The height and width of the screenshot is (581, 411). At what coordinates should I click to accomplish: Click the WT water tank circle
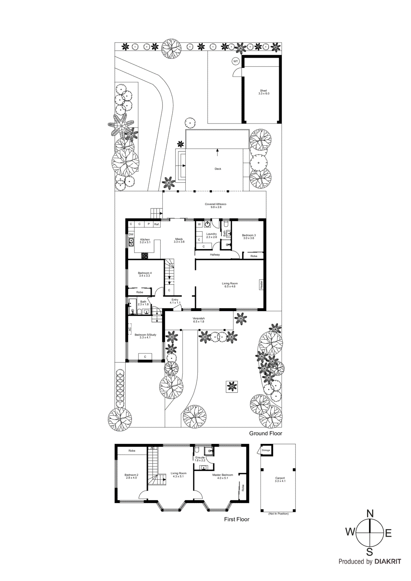(235, 61)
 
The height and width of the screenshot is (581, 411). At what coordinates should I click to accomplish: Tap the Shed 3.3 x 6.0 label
(263, 92)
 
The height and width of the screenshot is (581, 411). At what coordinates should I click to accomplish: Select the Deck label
(218, 169)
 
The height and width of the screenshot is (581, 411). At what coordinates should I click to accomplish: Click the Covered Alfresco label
(215, 206)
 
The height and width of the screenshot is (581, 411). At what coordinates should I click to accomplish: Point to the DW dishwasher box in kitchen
(131, 235)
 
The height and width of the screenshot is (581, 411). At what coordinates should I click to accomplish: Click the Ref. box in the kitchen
(157, 224)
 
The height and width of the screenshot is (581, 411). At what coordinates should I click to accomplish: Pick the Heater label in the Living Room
(261, 284)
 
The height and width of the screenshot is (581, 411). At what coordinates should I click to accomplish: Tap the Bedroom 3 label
(249, 237)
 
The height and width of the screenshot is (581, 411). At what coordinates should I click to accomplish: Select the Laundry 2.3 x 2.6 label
(211, 235)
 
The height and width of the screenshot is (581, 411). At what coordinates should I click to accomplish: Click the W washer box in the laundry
(199, 224)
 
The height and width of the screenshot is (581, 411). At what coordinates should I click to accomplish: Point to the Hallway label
(215, 255)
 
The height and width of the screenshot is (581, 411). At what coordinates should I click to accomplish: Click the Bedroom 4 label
(145, 274)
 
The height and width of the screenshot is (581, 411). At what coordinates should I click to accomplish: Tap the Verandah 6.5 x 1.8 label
(198, 320)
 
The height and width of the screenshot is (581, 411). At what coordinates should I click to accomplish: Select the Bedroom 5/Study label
(145, 336)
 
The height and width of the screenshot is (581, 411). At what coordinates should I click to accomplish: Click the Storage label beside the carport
(266, 450)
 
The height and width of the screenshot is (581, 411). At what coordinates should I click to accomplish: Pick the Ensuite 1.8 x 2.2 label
(200, 459)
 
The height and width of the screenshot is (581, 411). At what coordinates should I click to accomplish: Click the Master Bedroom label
(222, 476)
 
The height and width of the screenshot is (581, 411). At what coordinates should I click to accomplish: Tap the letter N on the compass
(370, 513)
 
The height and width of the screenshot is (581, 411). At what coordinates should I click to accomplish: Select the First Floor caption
(237, 519)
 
